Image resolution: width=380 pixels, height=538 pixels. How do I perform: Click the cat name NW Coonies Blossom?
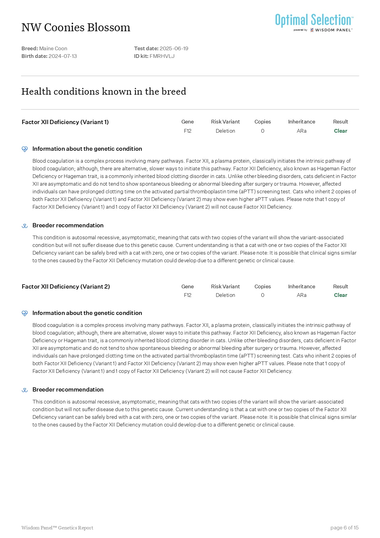[76, 28]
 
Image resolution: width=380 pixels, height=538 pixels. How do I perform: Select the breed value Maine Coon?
[53, 48]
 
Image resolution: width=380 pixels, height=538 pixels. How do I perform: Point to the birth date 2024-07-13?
[63, 56]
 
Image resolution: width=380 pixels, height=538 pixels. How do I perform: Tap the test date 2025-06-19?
[174, 48]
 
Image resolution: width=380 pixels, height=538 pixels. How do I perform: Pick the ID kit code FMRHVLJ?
[162, 56]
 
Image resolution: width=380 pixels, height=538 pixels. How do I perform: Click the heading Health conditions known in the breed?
[104, 91]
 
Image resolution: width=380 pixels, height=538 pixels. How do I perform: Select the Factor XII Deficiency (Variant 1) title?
[65, 122]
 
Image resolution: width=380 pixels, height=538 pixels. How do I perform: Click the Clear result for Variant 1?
[341, 131]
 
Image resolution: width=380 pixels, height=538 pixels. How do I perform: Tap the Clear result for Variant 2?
[341, 295]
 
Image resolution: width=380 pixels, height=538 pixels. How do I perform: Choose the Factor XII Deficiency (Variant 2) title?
[66, 286]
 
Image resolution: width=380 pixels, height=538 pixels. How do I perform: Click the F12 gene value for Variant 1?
[188, 131]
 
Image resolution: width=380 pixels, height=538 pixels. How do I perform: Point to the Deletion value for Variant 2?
[225, 295]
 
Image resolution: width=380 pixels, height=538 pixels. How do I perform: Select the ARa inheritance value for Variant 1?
[302, 131]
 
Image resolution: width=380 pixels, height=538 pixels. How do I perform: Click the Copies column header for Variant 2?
[263, 286]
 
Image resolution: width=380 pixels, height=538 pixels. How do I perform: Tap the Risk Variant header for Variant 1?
[225, 122]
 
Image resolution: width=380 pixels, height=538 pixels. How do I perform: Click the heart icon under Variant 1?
[25, 149]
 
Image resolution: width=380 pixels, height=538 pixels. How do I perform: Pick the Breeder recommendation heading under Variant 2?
[68, 389]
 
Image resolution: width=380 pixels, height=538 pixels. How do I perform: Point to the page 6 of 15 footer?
[344, 528]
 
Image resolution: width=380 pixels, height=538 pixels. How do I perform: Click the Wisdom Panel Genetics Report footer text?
[57, 528]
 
